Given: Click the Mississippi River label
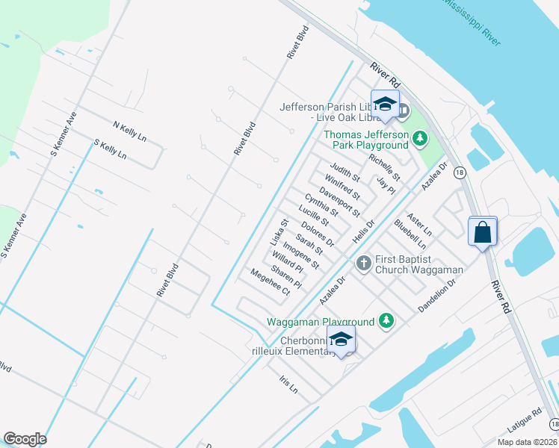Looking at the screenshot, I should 470,22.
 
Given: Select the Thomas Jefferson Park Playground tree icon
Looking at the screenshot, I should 420,138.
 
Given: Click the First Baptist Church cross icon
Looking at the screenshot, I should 363,263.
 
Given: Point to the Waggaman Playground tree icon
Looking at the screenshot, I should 386,321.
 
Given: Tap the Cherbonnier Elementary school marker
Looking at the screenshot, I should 341,340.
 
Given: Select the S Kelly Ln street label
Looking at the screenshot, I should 110,149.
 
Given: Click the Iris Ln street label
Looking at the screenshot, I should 288,384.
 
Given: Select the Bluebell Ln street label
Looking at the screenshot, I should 410,234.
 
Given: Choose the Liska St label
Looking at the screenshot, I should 278,233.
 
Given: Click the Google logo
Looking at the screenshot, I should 25,439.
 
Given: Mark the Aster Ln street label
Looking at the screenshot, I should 421,219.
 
